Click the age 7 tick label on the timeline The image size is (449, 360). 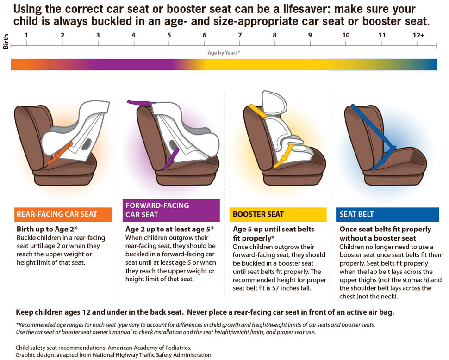click(x=240, y=35)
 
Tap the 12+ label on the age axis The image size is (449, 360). click(x=418, y=35)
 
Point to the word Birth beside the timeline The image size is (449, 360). click(x=6, y=42)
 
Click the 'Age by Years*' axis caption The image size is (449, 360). click(x=224, y=53)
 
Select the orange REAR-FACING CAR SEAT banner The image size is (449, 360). click(x=63, y=214)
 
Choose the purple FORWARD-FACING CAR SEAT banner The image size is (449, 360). click(x=171, y=211)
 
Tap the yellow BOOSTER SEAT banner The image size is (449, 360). click(x=278, y=214)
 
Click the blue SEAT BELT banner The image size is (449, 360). click(x=387, y=214)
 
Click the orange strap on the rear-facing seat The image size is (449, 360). click(x=59, y=154)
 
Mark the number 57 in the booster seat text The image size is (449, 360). click(x=275, y=288)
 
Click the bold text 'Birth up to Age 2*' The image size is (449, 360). click(x=47, y=229)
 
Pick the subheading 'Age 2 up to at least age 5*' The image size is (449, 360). click(x=169, y=229)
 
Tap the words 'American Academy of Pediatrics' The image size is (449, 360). click(x=149, y=348)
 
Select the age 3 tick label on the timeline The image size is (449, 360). click(x=98, y=35)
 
